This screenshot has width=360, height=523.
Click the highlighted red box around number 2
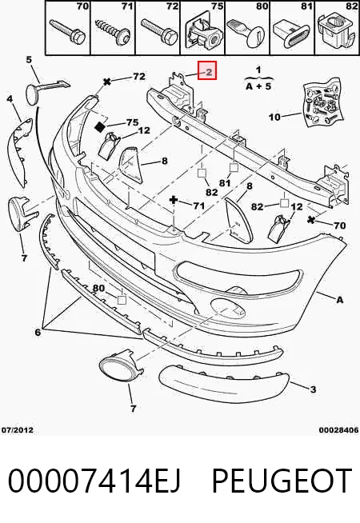[207, 70]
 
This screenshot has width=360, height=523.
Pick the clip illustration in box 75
[204, 32]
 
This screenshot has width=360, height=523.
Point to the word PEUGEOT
[282, 481]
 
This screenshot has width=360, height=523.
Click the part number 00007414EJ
[94, 481]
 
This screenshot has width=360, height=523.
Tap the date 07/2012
[18, 429]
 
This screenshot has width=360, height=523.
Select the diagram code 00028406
[338, 429]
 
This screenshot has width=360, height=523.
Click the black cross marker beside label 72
[107, 81]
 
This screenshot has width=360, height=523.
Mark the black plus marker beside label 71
[174, 200]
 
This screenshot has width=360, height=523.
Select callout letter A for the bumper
[339, 300]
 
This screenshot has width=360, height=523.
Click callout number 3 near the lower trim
[313, 389]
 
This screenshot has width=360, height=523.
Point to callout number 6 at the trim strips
[38, 332]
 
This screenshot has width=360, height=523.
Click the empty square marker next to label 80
[122, 300]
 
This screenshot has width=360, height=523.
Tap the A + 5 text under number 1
[258, 86]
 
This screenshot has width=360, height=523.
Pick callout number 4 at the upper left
[10, 98]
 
